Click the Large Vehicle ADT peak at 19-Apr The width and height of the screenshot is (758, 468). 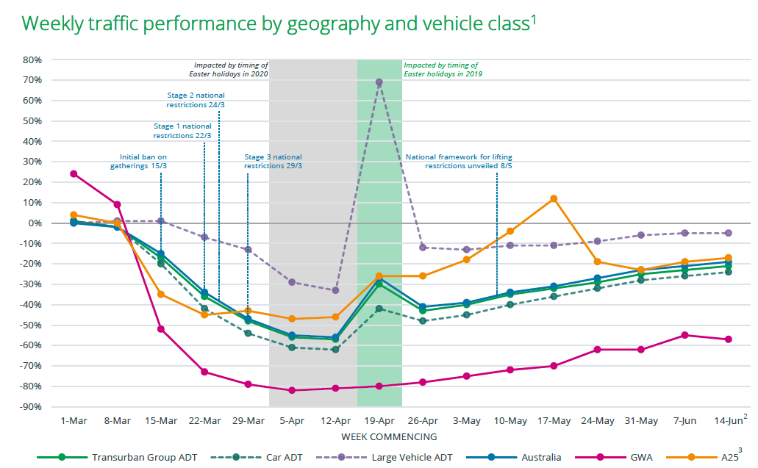click(x=379, y=82)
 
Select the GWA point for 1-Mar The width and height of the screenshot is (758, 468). click(x=74, y=174)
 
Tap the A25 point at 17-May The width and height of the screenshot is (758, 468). click(x=554, y=198)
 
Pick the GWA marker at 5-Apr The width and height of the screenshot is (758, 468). click(x=292, y=390)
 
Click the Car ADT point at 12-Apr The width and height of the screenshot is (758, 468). click(x=336, y=350)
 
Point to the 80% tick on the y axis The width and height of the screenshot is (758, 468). click(x=32, y=60)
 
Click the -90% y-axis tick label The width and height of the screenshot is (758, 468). click(x=31, y=407)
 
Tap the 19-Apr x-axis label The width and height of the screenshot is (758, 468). click(x=379, y=421)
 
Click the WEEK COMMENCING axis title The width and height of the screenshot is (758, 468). click(x=379, y=436)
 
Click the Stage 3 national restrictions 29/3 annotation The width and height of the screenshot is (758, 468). click(x=273, y=162)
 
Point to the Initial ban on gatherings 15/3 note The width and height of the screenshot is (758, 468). click(x=143, y=162)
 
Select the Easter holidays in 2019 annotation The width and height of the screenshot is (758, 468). click(x=443, y=70)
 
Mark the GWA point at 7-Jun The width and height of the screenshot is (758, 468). click(x=684, y=335)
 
